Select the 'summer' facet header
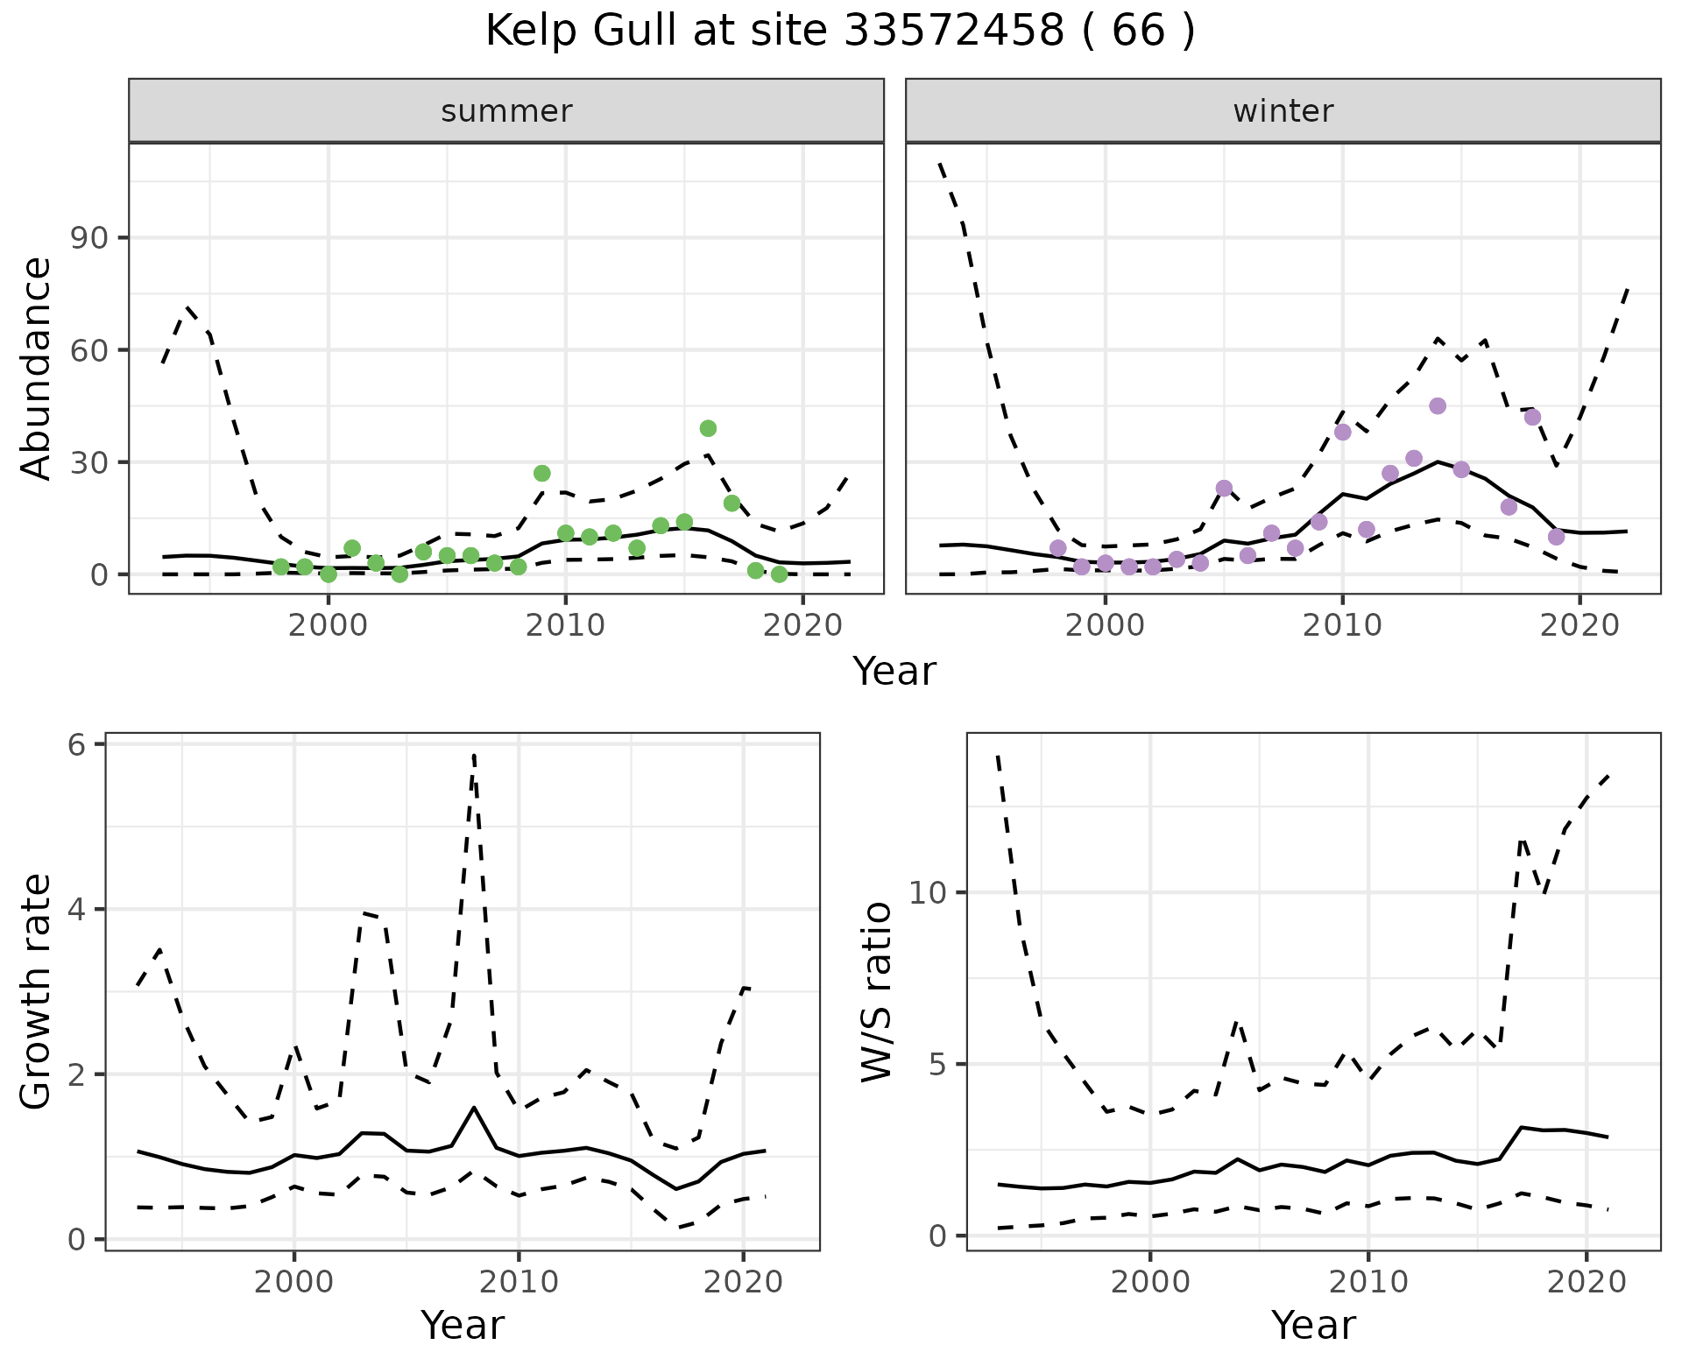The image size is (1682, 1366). [506, 111]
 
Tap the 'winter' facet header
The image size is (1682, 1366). [1283, 111]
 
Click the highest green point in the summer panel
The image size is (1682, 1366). [708, 428]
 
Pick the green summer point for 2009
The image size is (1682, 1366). [541, 473]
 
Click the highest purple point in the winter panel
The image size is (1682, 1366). [1437, 405]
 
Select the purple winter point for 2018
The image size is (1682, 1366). [1532, 417]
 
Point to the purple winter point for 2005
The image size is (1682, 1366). [1224, 488]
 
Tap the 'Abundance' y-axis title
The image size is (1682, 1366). [37, 368]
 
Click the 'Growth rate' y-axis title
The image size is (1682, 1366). [37, 992]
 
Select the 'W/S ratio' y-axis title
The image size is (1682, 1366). [877, 992]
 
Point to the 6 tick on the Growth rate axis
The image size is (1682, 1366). [77, 745]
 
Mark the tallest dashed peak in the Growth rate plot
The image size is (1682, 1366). [474, 754]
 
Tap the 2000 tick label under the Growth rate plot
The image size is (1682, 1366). [294, 1283]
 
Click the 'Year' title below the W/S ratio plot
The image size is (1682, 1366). [1313, 1325]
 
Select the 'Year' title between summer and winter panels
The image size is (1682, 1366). [894, 672]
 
